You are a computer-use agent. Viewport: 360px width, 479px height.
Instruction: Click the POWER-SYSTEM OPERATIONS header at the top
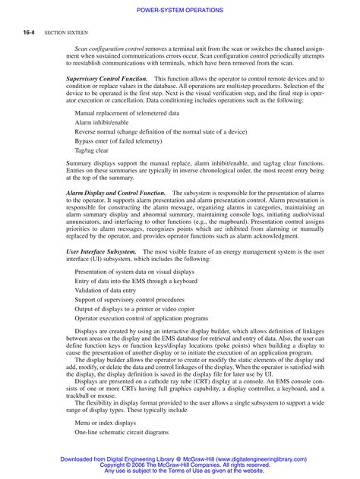click(180, 9)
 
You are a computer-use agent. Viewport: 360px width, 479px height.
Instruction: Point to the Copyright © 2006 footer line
click(180, 465)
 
